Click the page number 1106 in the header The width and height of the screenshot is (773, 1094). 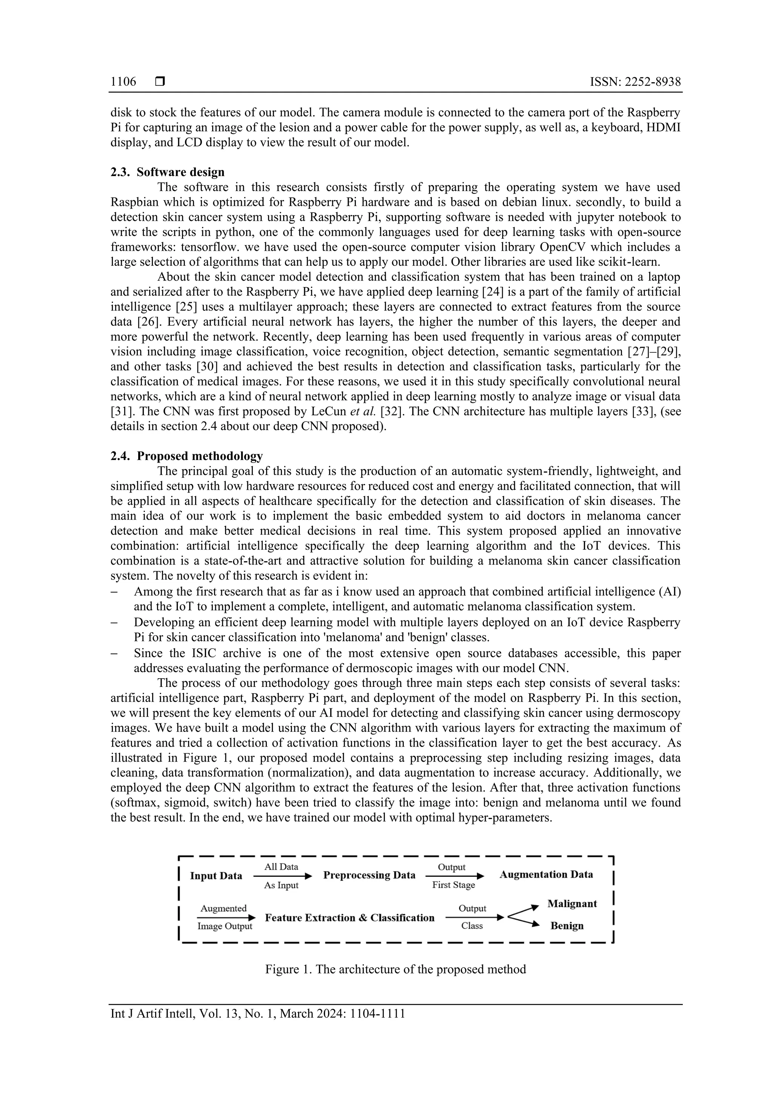coord(123,82)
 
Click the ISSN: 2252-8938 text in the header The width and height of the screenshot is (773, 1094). coord(635,82)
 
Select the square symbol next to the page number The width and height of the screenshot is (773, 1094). coord(160,82)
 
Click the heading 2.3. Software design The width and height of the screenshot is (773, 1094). coord(167,172)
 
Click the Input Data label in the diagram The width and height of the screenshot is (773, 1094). coord(216,876)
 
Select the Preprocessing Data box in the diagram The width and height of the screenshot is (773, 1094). coord(369,875)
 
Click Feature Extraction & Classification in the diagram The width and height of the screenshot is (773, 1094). coord(350,918)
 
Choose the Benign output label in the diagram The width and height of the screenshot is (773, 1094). coord(567,926)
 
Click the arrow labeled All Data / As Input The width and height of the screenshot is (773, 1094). coord(282,876)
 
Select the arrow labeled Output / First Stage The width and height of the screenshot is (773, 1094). coord(454,876)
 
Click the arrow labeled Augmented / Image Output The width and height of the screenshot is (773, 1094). coord(226,917)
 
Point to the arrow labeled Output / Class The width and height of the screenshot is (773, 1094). coord(474,917)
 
